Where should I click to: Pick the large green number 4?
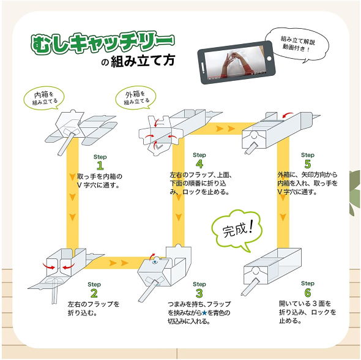[x=199, y=163]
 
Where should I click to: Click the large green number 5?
[x=307, y=163]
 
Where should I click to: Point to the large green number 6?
[x=307, y=293]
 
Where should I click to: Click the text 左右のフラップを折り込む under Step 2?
[x=94, y=309]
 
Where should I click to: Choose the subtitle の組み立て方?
[x=138, y=62]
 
